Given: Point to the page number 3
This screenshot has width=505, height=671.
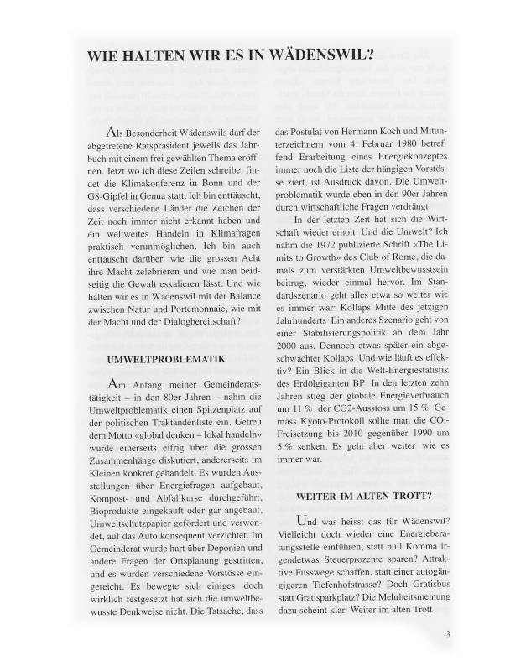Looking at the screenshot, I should pyautogui.click(x=449, y=633).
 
